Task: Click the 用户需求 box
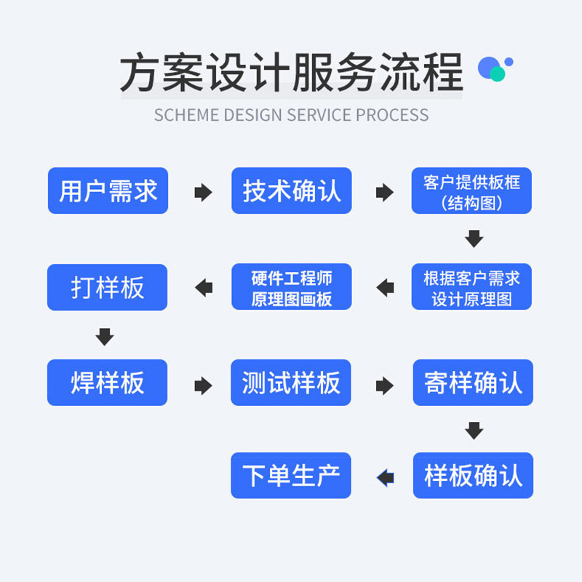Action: click(x=108, y=191)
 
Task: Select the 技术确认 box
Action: click(x=291, y=191)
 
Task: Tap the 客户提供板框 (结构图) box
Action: click(x=471, y=191)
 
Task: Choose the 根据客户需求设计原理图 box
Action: click(x=471, y=287)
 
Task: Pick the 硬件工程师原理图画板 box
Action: click(x=291, y=287)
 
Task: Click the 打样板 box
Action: click(x=108, y=287)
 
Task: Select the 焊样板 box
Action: click(x=108, y=383)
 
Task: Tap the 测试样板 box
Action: click(x=291, y=383)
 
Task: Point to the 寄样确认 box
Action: click(x=473, y=383)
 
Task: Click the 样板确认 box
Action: click(x=473, y=476)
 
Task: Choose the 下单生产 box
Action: click(x=291, y=476)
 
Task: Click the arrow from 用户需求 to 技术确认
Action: click(x=203, y=192)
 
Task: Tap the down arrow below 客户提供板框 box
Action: click(x=474, y=239)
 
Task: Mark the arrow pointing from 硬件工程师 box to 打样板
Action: click(x=204, y=287)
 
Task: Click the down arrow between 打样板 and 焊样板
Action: click(x=105, y=336)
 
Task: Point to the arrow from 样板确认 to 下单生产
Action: click(x=385, y=477)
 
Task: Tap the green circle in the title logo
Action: click(x=498, y=73)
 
